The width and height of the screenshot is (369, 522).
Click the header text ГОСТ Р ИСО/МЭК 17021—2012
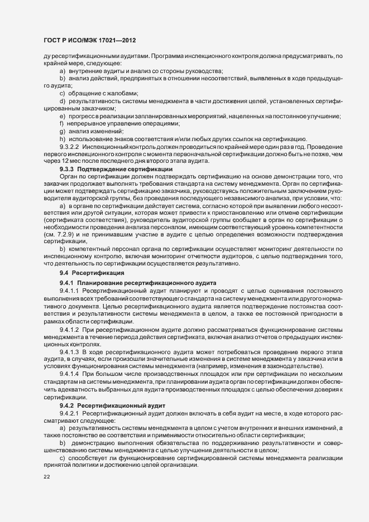click(89, 41)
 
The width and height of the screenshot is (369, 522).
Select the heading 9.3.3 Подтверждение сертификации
click(116, 168)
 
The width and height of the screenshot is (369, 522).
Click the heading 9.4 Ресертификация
click(88, 273)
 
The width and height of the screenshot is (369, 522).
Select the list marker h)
click(62, 138)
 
